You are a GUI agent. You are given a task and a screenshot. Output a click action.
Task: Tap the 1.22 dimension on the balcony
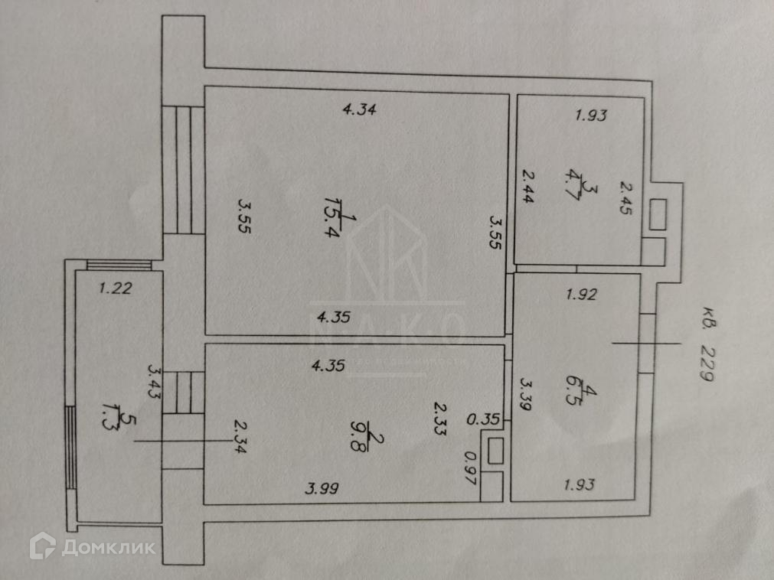(x=116, y=289)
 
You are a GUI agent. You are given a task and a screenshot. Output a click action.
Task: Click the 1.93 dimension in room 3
(x=591, y=116)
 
